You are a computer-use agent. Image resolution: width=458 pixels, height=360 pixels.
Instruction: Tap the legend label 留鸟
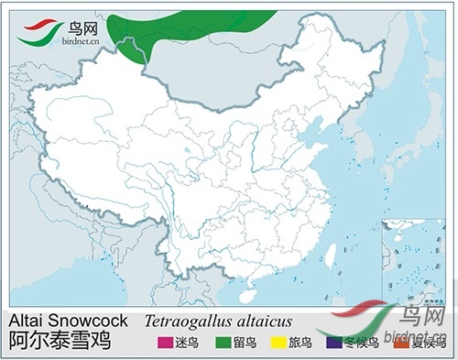(x=244, y=344)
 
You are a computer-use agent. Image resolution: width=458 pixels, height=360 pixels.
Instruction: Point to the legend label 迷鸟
(x=185, y=344)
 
